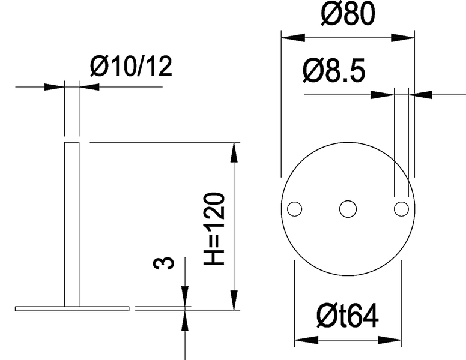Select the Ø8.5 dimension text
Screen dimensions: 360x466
click(334, 72)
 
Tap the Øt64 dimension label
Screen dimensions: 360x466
click(348, 316)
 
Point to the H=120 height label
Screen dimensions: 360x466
click(214, 229)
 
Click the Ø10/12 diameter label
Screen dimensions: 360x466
click(131, 67)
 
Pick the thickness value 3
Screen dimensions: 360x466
click(169, 262)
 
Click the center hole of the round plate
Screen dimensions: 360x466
click(348, 209)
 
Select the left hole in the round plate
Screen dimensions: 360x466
click(294, 209)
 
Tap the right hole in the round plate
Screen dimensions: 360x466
click(401, 209)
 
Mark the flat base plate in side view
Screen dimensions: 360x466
click(72, 308)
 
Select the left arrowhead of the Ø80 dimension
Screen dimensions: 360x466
click(292, 37)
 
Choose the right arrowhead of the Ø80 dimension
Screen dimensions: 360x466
click(404, 37)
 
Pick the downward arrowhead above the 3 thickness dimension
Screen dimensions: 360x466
click(184, 296)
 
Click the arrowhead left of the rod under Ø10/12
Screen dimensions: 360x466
click(55, 87)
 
